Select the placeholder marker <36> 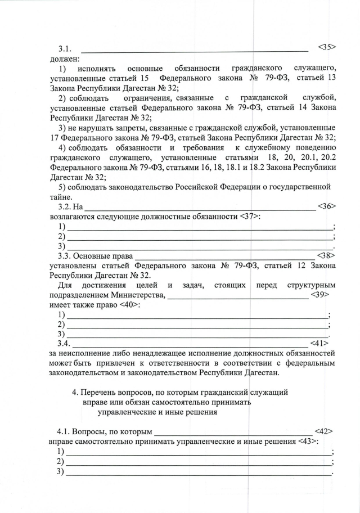(326, 206)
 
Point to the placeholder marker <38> (326, 255)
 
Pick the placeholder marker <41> (319, 343)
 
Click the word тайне (61, 197)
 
